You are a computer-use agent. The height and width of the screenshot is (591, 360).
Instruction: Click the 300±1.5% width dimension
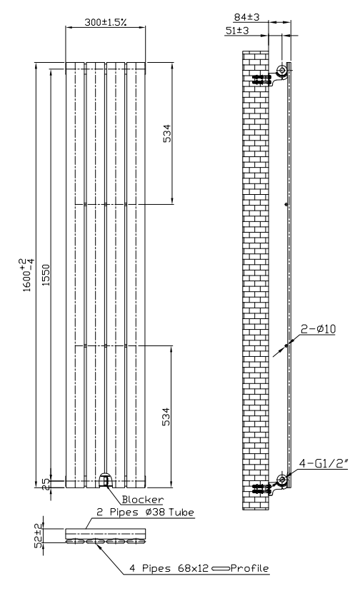[x=105, y=22]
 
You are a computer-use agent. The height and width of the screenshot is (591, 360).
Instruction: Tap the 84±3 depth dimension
[x=247, y=17]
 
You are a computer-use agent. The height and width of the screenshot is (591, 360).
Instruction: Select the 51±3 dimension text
[x=237, y=31]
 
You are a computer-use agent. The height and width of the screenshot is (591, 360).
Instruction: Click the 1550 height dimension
[x=46, y=275]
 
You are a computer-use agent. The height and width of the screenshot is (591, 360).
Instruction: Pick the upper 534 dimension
[x=167, y=133]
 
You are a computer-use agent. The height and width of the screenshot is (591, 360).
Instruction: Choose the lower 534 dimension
[x=166, y=417]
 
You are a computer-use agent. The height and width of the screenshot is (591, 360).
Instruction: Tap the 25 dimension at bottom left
[x=46, y=484]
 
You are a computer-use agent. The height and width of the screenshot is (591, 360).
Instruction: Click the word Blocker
[x=143, y=500]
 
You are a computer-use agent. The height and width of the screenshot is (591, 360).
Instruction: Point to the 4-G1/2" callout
[x=324, y=463]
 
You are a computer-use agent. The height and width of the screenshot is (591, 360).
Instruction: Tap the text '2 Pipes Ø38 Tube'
[x=145, y=512]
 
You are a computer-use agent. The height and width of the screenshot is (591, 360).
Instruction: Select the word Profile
[x=249, y=568]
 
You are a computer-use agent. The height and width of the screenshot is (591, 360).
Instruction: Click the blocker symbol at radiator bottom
[x=105, y=480]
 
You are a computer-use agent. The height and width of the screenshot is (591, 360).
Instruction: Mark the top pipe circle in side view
[x=281, y=70]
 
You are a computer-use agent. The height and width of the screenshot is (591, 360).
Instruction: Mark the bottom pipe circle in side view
[x=281, y=480]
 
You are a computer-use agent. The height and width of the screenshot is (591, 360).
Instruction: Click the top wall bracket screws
[x=261, y=79]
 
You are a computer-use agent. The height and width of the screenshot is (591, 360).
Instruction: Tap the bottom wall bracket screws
[x=261, y=489]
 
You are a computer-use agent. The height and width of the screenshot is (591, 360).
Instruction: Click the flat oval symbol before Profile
[x=221, y=568]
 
